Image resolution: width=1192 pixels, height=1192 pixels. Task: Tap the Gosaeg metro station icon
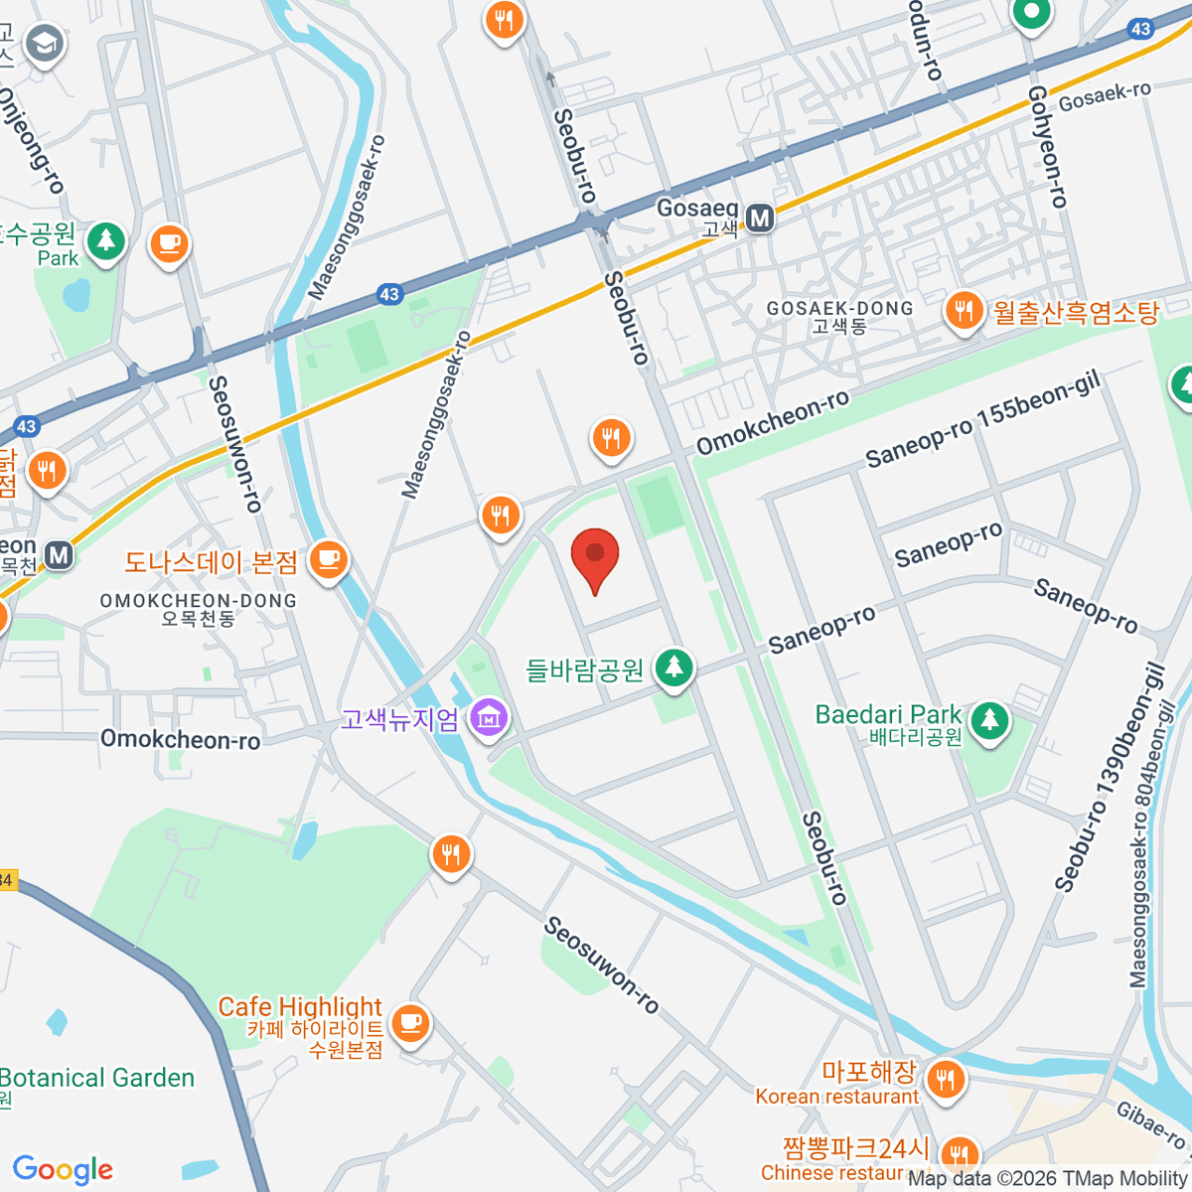(760, 219)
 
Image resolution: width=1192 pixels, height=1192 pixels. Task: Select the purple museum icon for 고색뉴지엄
(488, 718)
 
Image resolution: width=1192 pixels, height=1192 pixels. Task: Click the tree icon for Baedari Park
(988, 720)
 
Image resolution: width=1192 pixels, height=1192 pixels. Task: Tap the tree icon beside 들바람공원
(674, 668)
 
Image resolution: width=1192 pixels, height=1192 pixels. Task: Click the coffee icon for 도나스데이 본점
(328, 560)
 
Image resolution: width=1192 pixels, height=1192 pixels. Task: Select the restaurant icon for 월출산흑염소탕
(963, 312)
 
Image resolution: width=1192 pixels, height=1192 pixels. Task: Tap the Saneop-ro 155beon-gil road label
(982, 421)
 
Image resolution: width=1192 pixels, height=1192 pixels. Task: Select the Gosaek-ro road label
(1105, 96)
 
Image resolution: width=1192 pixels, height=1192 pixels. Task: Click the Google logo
(63, 1169)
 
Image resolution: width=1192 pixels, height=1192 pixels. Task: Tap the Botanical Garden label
(97, 1078)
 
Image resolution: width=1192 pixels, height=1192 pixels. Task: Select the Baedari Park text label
(888, 714)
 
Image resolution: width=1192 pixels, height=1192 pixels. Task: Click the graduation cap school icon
(44, 44)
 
